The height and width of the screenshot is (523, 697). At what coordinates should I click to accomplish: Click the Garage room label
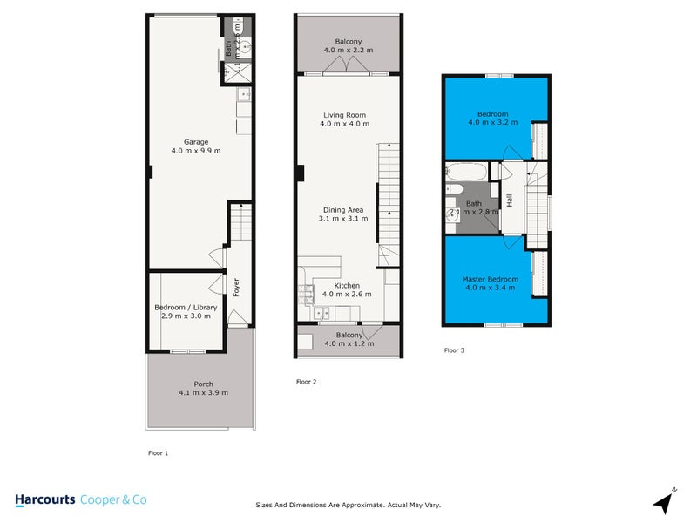tap(195, 142)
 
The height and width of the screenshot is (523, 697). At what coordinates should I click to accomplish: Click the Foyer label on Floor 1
tap(235, 287)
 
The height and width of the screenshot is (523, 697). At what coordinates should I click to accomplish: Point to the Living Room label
tap(344, 115)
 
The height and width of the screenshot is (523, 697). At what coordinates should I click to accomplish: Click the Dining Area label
tap(344, 209)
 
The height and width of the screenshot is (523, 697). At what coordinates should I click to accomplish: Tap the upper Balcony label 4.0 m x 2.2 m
tap(348, 42)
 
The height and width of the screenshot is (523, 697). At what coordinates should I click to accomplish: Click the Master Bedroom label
tap(490, 279)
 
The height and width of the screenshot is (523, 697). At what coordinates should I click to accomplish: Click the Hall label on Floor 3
tap(510, 200)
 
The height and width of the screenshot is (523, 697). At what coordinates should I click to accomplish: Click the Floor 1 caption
tap(157, 453)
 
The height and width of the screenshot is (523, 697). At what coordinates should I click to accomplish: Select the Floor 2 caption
tap(306, 382)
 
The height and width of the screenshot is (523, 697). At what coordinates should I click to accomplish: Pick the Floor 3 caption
tap(454, 350)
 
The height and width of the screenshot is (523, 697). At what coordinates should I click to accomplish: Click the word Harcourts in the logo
tap(44, 499)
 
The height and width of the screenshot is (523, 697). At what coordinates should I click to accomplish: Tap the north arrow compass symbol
tap(665, 502)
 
